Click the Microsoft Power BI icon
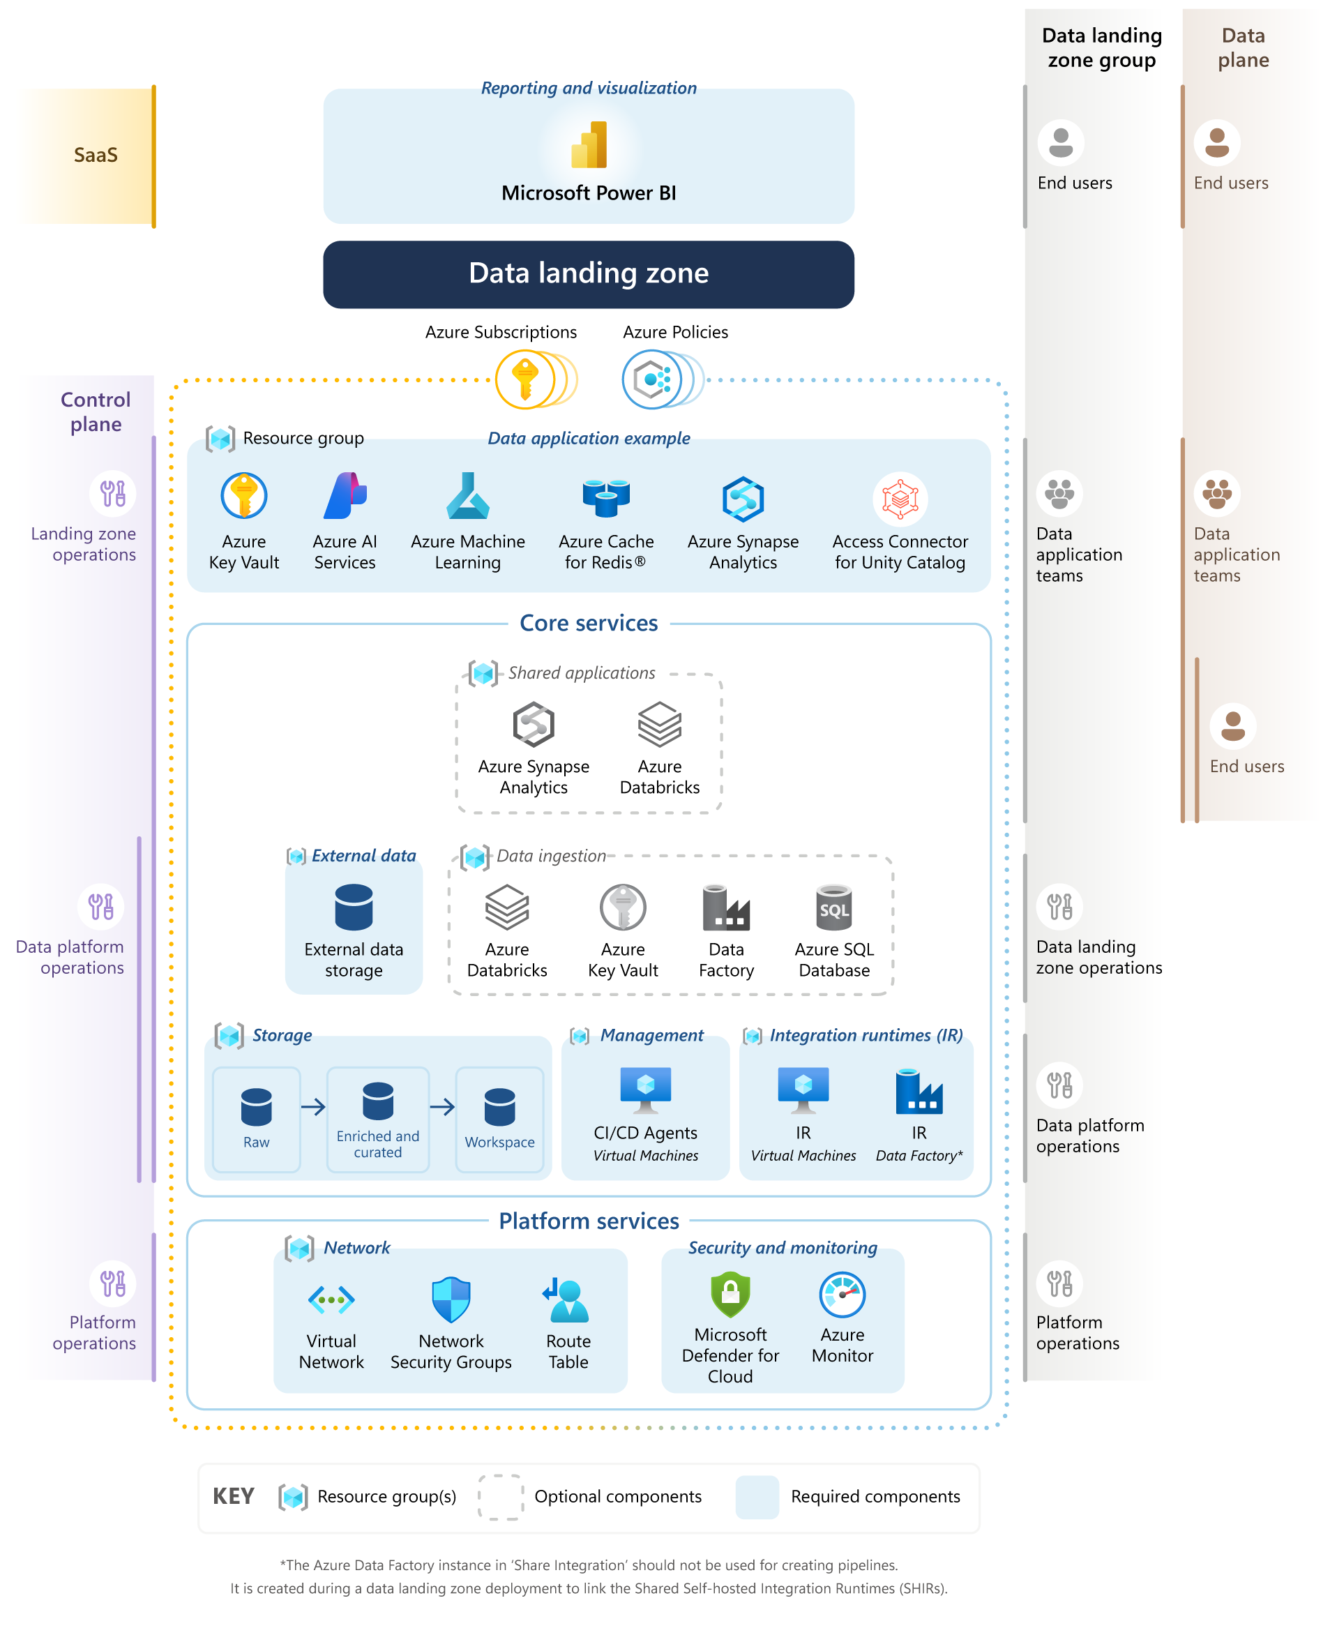coord(589,145)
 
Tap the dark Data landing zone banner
coord(589,274)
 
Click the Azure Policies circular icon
coord(652,379)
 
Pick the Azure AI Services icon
coord(345,496)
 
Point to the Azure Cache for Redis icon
coord(606,497)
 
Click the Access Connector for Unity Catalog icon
coord(900,499)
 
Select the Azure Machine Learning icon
coord(467,496)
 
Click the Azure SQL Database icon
coord(834,908)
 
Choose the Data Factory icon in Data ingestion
coord(725,908)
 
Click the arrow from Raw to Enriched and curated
coord(313,1107)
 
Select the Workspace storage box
coord(499,1118)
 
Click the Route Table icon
coord(568,1300)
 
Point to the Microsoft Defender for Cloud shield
coord(730,1295)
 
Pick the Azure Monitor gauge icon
coord(842,1295)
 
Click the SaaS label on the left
coord(96,156)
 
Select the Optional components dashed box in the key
coord(501,1496)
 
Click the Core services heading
coord(589,623)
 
